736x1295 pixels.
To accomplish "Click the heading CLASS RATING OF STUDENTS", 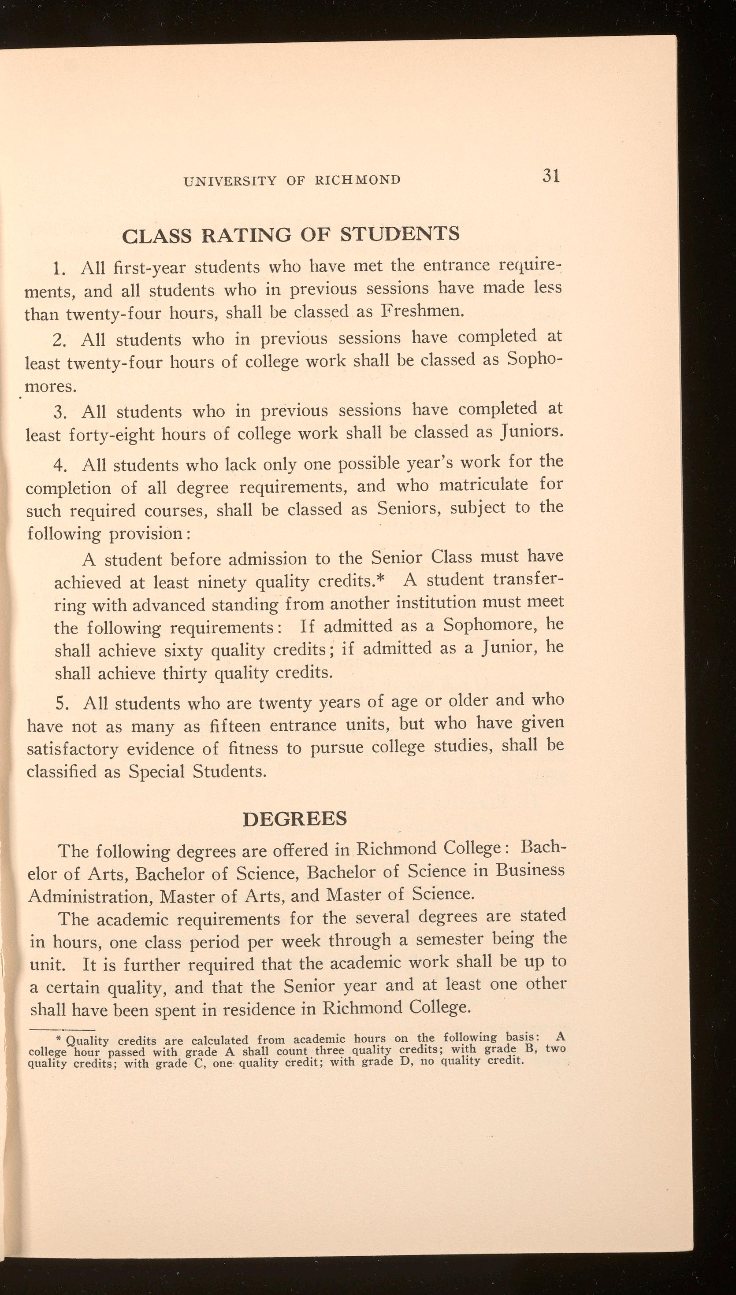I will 291,235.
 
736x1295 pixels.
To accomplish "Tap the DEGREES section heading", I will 295,819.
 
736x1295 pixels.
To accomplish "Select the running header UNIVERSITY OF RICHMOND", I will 292,180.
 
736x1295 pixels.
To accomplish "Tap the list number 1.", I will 59,269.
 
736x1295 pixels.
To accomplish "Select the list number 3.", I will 59,413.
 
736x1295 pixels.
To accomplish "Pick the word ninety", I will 220,582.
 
